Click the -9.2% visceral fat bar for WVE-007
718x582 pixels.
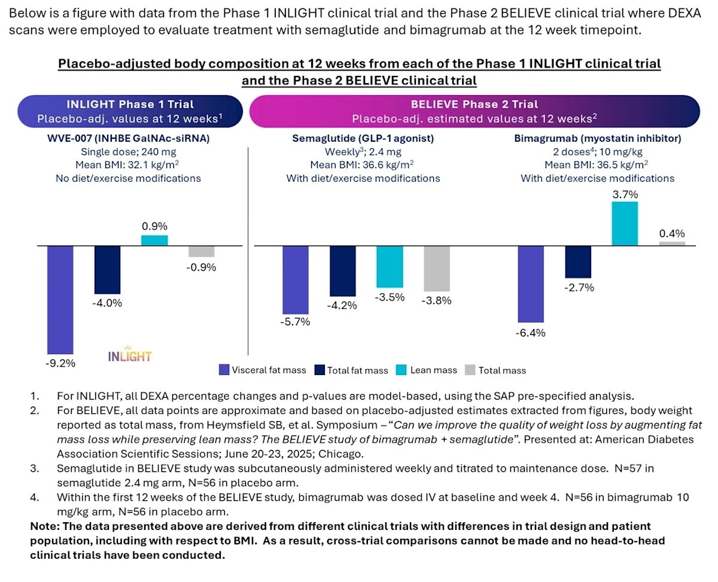[60, 299]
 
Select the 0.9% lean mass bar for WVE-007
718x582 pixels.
[154, 240]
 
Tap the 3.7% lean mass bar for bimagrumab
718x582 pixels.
[624, 224]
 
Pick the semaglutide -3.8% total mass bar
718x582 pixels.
[436, 269]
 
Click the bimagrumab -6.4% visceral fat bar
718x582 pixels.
[530, 284]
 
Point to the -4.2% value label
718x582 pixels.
[342, 305]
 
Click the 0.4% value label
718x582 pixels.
[672, 234]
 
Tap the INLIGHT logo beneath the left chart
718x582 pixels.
[130, 356]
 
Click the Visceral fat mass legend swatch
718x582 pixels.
[224, 370]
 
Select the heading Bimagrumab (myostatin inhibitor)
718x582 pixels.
[597, 139]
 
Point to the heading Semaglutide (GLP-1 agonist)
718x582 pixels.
[363, 139]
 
